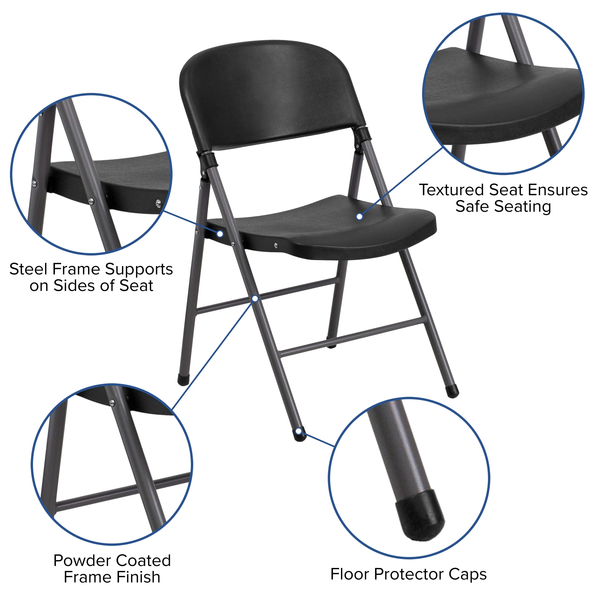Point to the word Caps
click(x=467, y=574)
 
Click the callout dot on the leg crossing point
click(x=255, y=298)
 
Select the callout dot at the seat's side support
click(x=220, y=234)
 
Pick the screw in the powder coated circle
click(x=112, y=403)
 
